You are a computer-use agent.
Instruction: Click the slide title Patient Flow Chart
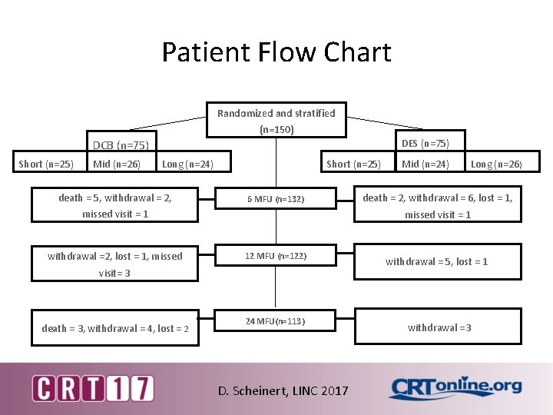pos(276,52)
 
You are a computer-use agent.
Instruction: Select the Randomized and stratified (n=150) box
pos(276,121)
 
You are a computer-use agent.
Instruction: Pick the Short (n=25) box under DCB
pos(46,163)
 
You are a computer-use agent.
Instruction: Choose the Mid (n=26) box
pos(117,163)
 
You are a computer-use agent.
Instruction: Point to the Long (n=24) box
pos(187,163)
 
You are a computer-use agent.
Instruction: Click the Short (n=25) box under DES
pos(353,163)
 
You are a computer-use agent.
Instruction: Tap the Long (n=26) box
pos(495,163)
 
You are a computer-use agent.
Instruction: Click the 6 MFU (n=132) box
pos(276,199)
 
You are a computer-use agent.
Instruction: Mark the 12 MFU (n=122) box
pos(276,255)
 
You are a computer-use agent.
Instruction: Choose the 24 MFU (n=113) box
pos(276,320)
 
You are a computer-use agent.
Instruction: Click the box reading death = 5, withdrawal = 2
pos(114,205)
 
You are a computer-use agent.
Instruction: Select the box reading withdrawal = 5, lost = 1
pos(436,262)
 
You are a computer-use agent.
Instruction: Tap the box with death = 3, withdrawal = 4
pos(114,328)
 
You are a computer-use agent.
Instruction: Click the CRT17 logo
pos(92,388)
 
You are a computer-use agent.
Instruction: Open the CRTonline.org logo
pos(455,388)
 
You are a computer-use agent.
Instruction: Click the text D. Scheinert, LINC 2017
pos(283,390)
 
